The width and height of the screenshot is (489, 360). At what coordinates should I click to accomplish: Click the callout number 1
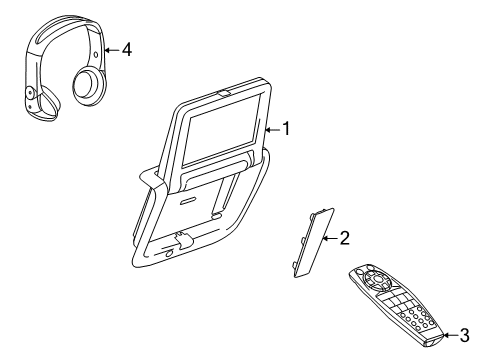coord(285,128)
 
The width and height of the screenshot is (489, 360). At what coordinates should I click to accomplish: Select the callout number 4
coord(126,49)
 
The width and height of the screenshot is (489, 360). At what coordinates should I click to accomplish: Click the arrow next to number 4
coord(110,49)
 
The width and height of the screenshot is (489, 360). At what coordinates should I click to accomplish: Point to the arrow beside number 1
coord(271,128)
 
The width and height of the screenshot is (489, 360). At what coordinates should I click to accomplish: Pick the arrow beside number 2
coord(330,237)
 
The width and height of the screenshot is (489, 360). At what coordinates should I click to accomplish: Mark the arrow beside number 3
coord(448,335)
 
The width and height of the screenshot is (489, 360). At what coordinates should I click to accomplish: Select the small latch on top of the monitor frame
coord(223,95)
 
